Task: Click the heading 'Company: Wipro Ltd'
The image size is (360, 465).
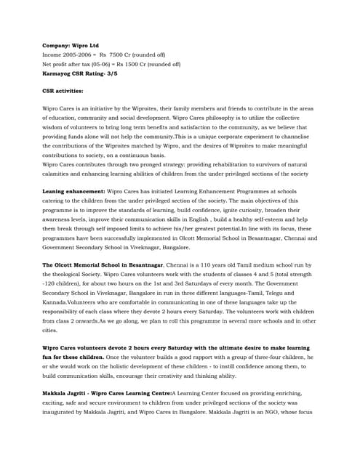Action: (70, 45)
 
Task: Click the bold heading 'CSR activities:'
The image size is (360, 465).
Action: (63, 92)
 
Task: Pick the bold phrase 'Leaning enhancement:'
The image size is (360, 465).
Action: (73, 191)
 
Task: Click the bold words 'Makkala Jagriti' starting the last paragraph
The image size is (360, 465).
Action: (68, 393)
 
